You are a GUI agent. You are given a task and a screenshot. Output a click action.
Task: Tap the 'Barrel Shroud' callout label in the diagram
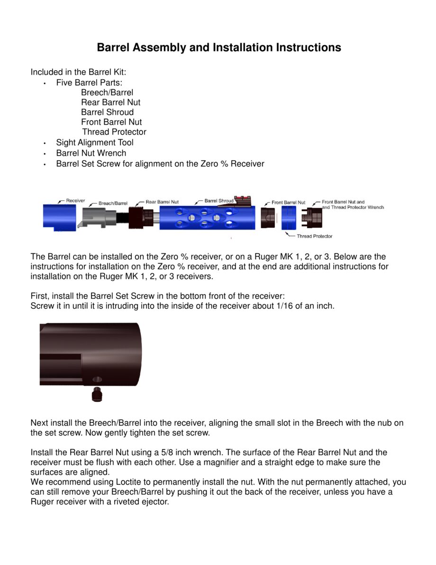219,201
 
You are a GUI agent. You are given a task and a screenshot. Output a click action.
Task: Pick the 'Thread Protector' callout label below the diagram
314,236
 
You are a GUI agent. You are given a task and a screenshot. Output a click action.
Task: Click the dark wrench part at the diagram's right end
314,218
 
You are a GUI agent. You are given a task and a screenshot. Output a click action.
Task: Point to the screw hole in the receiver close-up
97,380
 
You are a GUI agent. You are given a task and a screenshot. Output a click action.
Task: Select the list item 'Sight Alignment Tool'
95,142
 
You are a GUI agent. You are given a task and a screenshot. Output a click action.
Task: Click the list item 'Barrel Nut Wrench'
91,153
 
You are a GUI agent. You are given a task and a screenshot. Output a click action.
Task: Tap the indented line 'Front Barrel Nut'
111,122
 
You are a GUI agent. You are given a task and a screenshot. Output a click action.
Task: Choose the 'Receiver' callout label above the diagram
75,201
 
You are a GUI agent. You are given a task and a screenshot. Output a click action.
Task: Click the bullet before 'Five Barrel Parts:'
44,83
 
